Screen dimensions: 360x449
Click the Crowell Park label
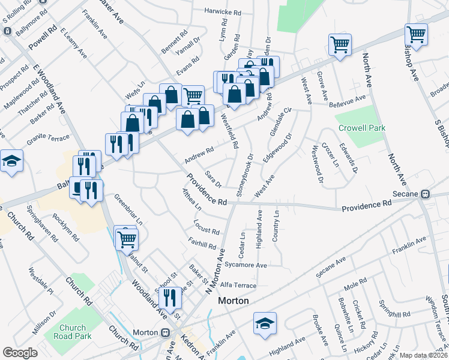click(361, 128)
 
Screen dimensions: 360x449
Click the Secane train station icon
click(425, 194)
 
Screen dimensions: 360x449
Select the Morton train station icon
click(164, 332)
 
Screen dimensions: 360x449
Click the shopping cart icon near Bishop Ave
click(415, 34)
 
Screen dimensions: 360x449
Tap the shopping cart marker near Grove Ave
click(340, 44)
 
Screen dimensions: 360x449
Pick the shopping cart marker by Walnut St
click(126, 239)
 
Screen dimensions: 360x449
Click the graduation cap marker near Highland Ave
click(265, 323)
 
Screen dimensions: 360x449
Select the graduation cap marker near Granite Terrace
click(11, 161)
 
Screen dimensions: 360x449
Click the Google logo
click(20, 352)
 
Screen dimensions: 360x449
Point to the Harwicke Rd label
click(222, 11)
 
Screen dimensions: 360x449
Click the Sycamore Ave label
click(245, 265)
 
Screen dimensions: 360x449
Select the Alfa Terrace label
click(238, 286)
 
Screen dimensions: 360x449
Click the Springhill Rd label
click(394, 314)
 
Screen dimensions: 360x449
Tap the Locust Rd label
click(206, 227)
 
